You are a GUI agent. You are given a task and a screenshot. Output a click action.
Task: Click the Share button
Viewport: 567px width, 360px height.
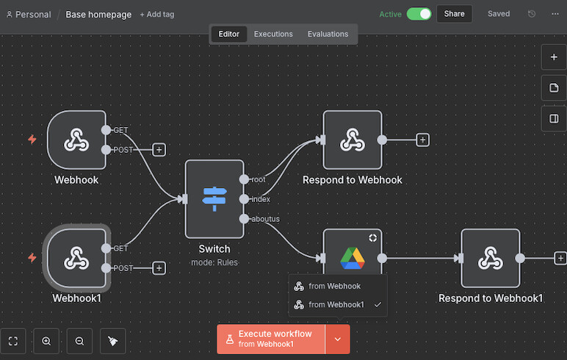coord(454,14)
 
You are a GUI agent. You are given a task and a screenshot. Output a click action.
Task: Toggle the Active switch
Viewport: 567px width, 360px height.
coord(419,14)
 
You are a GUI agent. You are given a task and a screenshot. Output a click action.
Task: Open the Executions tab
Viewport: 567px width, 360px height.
coord(273,34)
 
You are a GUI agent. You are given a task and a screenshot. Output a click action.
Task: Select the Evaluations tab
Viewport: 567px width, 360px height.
coord(328,34)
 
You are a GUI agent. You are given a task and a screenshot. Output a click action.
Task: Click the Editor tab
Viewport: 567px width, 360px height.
coord(228,34)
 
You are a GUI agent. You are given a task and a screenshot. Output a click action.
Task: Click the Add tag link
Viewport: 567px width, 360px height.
coord(157,14)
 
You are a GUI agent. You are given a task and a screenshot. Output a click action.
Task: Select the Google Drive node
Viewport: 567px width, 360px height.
coord(353,258)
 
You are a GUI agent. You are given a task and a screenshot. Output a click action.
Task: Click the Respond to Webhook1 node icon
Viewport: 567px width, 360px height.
coord(490,258)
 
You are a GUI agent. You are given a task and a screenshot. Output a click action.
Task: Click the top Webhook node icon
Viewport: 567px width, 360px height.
coord(76,140)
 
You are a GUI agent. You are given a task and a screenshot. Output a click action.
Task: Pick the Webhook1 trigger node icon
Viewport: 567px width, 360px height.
coord(76,258)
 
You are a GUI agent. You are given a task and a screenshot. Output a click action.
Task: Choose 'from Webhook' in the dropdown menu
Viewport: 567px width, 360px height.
coord(335,287)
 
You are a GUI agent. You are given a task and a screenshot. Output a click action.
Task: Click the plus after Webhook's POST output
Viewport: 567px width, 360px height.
coord(159,150)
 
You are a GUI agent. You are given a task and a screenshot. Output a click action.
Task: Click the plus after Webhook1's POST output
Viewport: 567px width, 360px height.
coord(159,268)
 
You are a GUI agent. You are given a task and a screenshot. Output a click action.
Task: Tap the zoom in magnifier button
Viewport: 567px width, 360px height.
coord(46,341)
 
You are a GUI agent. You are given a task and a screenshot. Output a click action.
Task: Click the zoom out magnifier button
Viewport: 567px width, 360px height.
coord(79,341)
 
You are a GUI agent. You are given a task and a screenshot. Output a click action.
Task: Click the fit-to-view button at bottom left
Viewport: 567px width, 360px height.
coord(13,341)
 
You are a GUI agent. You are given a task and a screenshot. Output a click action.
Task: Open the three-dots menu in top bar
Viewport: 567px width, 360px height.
coord(555,14)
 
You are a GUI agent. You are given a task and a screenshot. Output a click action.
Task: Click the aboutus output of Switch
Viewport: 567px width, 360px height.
coord(244,219)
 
